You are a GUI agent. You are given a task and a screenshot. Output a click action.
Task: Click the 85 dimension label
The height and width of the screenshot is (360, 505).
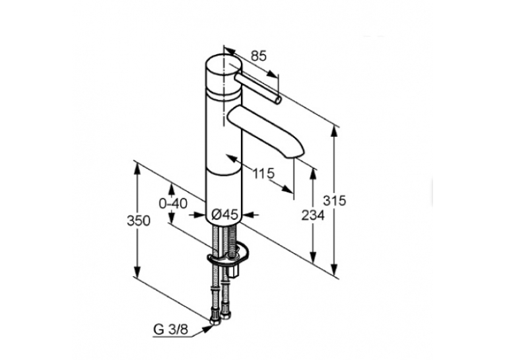[x=259, y=56]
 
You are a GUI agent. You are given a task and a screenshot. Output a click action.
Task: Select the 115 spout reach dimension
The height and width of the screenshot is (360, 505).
[x=263, y=174]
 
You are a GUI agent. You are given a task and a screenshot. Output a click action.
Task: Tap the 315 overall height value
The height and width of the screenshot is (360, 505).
[x=334, y=200]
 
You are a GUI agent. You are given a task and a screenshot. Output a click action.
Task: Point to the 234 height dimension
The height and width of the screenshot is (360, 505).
[x=313, y=215]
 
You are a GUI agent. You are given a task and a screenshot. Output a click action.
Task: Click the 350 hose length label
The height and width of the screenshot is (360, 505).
[x=139, y=221]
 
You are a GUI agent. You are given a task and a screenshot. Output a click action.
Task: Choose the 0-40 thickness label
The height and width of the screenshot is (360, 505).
[x=173, y=203]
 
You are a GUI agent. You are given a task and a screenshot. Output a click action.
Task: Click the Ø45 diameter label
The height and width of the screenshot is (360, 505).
[x=225, y=214]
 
